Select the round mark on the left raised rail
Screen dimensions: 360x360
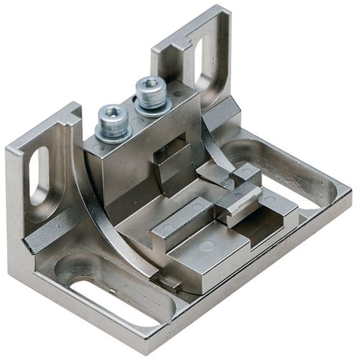click(169, 227)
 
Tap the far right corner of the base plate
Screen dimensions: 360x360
click(349, 191)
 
